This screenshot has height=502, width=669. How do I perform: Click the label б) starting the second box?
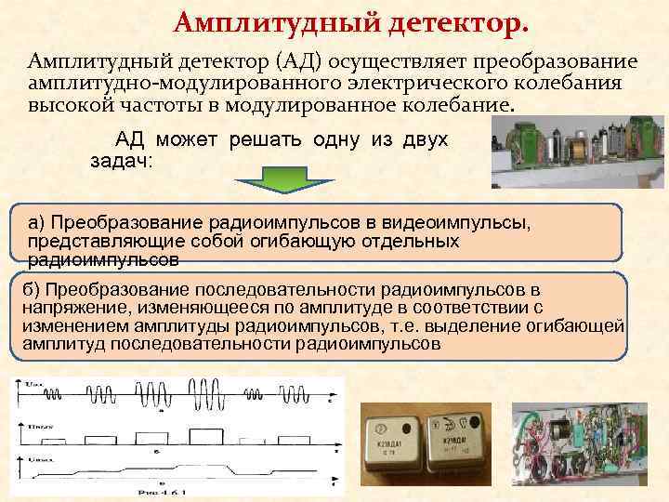click(x=32, y=290)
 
